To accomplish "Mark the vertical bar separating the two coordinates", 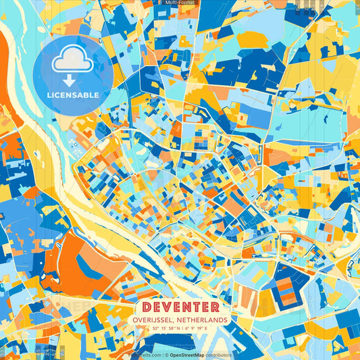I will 181,328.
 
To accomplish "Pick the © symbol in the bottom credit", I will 165,355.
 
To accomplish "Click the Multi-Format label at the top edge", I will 180,3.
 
